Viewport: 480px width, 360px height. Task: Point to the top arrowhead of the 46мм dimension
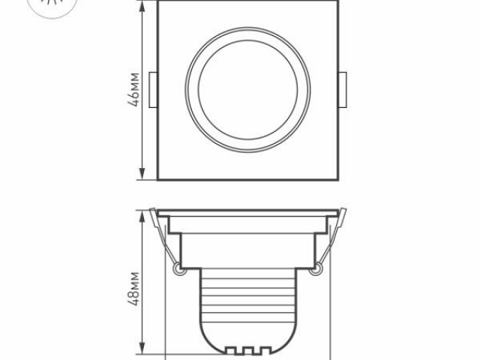(x=142, y=4)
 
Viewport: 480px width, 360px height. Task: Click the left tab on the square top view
(x=154, y=90)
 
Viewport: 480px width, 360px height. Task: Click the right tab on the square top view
(x=342, y=90)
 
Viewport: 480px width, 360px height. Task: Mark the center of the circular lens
(x=248, y=90)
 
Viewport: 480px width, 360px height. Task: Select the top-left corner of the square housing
(x=158, y=1)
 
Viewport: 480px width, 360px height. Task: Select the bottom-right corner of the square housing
(x=338, y=179)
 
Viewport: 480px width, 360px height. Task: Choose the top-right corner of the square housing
(x=338, y=1)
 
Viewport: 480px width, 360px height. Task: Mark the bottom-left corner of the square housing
(x=158, y=179)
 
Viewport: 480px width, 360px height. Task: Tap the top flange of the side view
(x=248, y=211)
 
